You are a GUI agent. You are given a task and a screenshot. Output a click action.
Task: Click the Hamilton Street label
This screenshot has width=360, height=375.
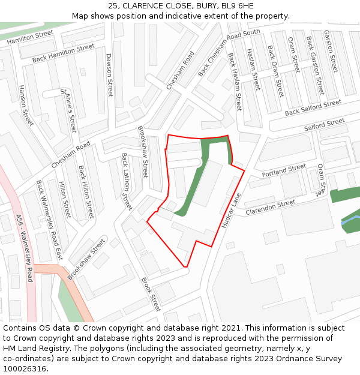point(30,38)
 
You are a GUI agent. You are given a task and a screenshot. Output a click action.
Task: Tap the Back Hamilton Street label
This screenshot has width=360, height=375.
point(64,52)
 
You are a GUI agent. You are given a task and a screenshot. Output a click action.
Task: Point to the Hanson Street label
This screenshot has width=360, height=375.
point(26,104)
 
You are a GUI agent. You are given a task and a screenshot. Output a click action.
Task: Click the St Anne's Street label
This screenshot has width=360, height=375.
point(68,111)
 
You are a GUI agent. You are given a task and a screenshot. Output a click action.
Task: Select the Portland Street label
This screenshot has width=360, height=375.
point(284,170)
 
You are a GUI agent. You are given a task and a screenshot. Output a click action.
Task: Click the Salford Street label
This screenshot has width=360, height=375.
point(325,125)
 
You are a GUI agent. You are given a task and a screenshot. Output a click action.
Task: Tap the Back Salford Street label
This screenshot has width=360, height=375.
point(313,108)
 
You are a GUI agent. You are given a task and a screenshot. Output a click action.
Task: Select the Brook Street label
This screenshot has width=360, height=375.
point(151,294)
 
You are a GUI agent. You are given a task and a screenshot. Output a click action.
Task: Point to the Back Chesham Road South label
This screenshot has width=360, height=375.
point(229,53)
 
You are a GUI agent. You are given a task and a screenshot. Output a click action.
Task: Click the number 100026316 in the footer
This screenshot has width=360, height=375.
point(24,368)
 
